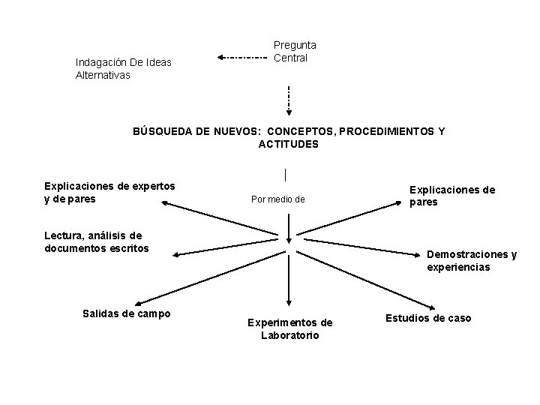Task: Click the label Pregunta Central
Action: click(294, 52)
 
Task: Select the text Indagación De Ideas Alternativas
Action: click(123, 69)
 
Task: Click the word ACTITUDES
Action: click(289, 144)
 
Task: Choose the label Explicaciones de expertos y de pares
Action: click(109, 192)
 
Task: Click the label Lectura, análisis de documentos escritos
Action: click(97, 241)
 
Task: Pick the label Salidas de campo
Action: click(126, 313)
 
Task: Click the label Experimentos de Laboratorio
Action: click(289, 328)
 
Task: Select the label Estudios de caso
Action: click(428, 318)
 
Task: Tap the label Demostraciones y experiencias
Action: click(471, 260)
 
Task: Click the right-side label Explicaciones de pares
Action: click(451, 196)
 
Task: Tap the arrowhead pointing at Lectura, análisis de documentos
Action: click(177, 255)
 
